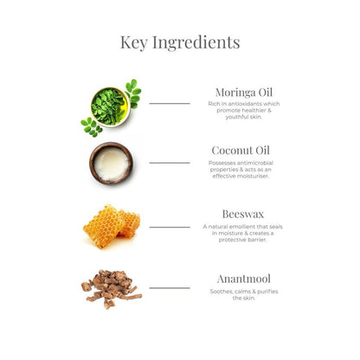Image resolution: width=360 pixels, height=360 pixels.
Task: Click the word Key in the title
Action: (134, 42)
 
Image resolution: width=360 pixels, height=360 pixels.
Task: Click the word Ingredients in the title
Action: (196, 43)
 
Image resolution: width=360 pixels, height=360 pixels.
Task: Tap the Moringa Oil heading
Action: (244, 93)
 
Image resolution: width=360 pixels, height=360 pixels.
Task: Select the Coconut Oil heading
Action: (241, 151)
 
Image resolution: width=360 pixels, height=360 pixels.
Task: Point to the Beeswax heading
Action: (243, 214)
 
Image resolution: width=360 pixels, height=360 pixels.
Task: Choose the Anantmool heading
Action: (244, 279)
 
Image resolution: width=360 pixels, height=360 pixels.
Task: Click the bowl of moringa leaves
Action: (111, 107)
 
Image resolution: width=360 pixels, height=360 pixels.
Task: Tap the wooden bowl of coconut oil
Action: (111, 164)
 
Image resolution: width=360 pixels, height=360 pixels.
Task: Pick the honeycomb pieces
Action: (112, 226)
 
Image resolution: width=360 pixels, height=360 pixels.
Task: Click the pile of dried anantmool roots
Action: (112, 289)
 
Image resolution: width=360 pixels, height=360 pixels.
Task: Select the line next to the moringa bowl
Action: (170, 103)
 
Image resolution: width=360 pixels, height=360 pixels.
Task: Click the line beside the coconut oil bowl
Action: (170, 163)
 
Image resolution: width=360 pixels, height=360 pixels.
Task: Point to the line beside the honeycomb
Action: (170, 228)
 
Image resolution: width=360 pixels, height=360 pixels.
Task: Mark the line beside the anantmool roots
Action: (170, 288)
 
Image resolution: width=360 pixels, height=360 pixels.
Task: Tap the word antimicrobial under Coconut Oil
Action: (255, 163)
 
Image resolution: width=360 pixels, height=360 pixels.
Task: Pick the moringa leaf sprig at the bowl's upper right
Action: (133, 93)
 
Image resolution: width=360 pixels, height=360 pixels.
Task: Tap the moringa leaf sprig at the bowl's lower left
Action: (92, 127)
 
